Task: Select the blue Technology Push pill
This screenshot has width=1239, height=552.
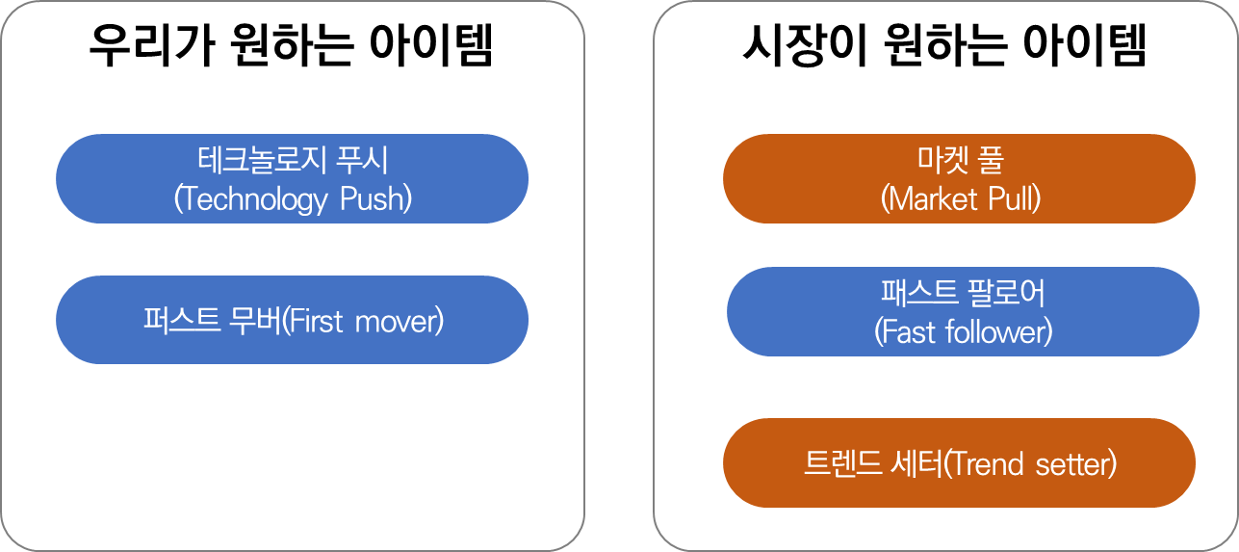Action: pos(292,179)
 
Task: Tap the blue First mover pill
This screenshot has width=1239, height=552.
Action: pos(292,320)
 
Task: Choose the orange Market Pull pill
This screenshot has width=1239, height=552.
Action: pos(959,179)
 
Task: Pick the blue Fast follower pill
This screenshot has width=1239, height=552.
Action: pos(963,311)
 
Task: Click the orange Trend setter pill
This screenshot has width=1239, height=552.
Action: pos(959,463)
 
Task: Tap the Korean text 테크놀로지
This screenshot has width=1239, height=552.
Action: pos(256,159)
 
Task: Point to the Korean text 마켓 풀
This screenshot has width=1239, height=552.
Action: pos(960,159)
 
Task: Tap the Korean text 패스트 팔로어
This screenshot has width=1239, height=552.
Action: pos(963,291)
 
